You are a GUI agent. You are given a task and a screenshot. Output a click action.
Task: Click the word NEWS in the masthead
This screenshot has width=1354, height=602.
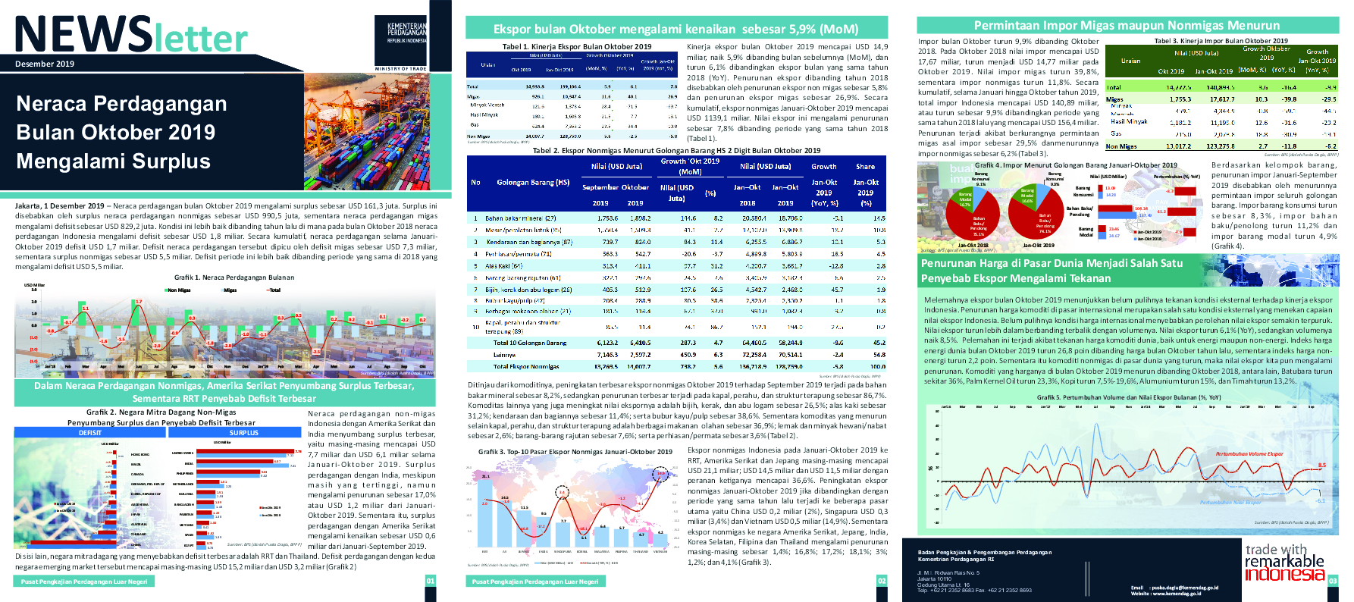pyautogui.click(x=84, y=36)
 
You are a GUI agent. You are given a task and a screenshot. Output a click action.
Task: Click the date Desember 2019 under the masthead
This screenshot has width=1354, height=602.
pyautogui.click(x=45, y=64)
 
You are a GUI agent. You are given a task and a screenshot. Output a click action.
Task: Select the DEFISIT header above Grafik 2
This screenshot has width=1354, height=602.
pyautogui.click(x=90, y=433)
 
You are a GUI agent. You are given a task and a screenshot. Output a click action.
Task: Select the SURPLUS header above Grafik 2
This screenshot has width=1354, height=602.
pyautogui.click(x=244, y=433)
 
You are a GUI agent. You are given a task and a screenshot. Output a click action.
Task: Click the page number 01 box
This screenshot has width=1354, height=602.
pyautogui.click(x=431, y=582)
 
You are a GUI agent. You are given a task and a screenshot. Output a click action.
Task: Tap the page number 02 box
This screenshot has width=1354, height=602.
pyautogui.click(x=882, y=582)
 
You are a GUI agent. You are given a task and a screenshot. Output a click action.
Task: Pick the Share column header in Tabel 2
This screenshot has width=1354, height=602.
pyautogui.click(x=865, y=167)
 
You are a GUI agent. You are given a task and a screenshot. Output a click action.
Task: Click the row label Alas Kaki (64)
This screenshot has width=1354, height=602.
pyautogui.click(x=504, y=266)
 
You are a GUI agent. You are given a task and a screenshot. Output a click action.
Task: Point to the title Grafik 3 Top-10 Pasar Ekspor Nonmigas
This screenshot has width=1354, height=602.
pyautogui.click(x=575, y=452)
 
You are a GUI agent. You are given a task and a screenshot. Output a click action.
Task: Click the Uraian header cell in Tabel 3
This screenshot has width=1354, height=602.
pyautogui.click(x=1130, y=61)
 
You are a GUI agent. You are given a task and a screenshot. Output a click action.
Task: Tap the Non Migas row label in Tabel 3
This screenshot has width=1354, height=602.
pyautogui.click(x=1121, y=146)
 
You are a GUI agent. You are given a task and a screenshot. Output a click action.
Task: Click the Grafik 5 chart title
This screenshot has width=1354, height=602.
pyautogui.click(x=1128, y=397)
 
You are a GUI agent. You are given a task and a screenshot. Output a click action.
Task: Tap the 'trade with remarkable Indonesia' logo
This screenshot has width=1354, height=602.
pyautogui.click(x=1284, y=562)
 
